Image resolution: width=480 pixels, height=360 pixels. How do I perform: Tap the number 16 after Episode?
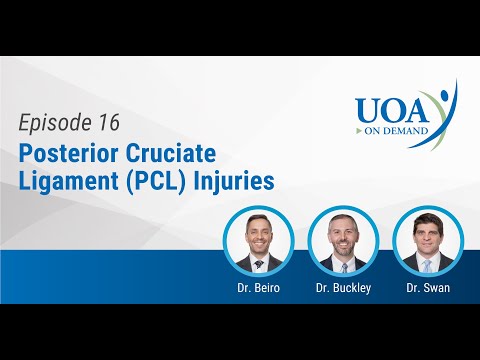tap(105, 123)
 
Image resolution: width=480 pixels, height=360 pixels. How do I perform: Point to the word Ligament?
tap(64, 183)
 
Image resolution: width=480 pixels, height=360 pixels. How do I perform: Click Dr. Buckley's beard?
tap(343, 248)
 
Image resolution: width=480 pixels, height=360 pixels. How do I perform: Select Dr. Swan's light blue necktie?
tap(427, 265)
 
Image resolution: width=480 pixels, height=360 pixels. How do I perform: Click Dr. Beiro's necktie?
tap(259, 265)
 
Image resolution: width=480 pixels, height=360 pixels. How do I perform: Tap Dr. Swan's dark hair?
tap(427, 218)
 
